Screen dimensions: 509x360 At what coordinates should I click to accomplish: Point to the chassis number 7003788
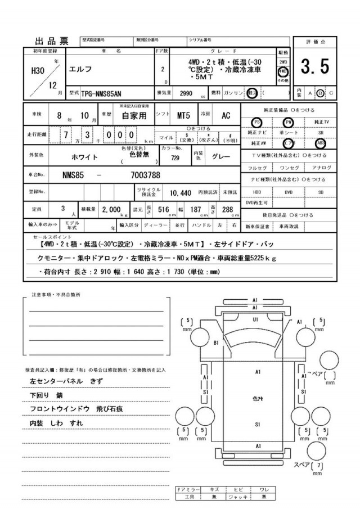tap(130, 175)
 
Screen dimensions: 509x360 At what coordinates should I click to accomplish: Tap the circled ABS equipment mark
tap(321, 143)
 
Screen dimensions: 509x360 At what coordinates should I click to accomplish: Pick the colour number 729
tap(175, 159)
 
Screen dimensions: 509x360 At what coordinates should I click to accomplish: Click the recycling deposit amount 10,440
tap(181, 192)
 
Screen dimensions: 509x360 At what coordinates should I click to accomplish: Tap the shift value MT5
tap(184, 116)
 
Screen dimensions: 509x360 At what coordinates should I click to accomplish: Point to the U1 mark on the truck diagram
tap(255, 319)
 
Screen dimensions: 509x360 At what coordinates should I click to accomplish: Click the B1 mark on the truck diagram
tap(215, 341)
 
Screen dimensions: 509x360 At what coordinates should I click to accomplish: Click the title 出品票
tap(52, 40)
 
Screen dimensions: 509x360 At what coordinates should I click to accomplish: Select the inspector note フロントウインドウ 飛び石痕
tap(74, 408)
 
